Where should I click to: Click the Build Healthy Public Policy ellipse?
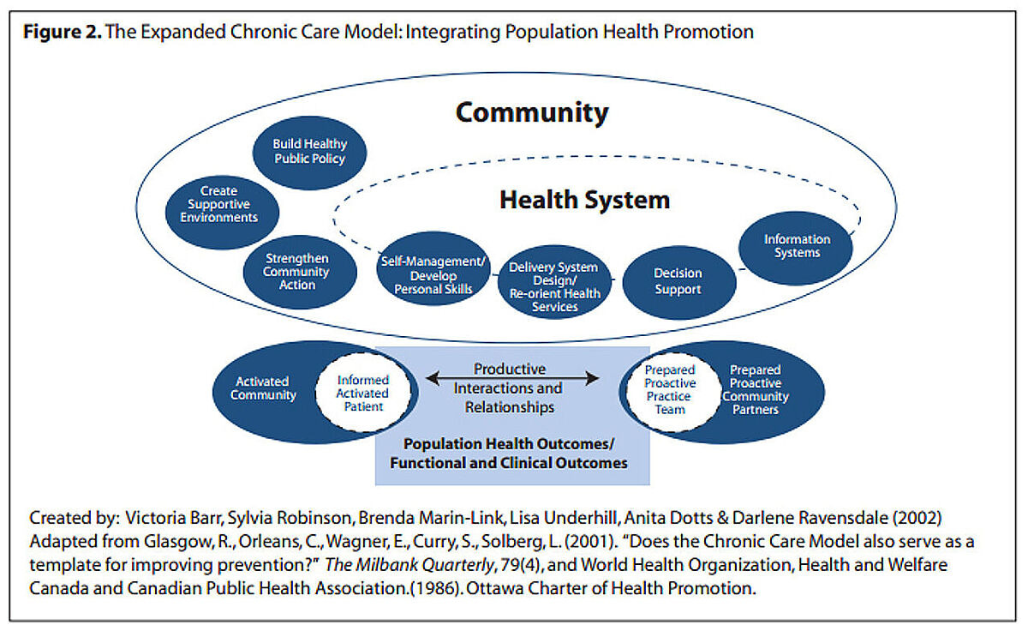(310, 153)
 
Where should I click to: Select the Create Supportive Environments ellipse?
(222, 213)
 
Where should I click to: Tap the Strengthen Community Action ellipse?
(300, 273)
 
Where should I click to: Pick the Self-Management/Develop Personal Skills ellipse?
(433, 268)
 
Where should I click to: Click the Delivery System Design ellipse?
(555, 282)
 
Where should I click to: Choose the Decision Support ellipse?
(679, 283)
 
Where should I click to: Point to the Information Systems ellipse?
(796, 249)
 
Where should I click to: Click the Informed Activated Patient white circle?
(363, 393)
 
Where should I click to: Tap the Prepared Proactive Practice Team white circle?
(672, 393)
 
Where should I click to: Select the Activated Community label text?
(264, 388)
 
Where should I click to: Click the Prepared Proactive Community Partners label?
(756, 389)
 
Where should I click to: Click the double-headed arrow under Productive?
(512, 378)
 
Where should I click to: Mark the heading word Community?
(532, 113)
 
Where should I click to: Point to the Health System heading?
(584, 201)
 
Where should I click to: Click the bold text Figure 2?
(63, 32)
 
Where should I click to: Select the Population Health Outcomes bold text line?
(509, 444)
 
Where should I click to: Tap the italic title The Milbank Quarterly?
(409, 565)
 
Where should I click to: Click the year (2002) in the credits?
(917, 518)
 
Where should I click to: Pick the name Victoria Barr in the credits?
(173, 518)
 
